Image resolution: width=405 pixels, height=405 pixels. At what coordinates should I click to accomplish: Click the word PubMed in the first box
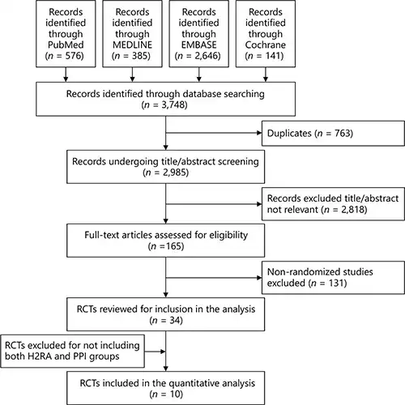tap(66, 45)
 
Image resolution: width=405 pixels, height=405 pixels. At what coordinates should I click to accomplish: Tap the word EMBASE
tap(198, 45)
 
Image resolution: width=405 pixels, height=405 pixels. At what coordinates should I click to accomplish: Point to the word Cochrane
tap(266, 45)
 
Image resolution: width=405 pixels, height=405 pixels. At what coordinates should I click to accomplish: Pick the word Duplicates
tap(289, 133)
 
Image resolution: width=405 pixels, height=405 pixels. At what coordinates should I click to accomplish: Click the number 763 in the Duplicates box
tap(343, 133)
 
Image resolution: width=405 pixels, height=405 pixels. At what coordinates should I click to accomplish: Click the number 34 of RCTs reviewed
tap(175, 320)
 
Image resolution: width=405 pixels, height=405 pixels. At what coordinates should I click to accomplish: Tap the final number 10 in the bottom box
tap(175, 394)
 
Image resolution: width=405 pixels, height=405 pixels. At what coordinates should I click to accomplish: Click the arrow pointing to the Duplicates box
tap(214, 133)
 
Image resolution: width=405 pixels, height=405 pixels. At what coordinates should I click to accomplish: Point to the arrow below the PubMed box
tap(66, 75)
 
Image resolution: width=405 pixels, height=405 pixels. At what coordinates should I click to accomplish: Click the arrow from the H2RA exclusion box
tap(155, 352)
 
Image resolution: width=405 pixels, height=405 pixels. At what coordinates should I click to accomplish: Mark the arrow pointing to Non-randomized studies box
tap(214, 278)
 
